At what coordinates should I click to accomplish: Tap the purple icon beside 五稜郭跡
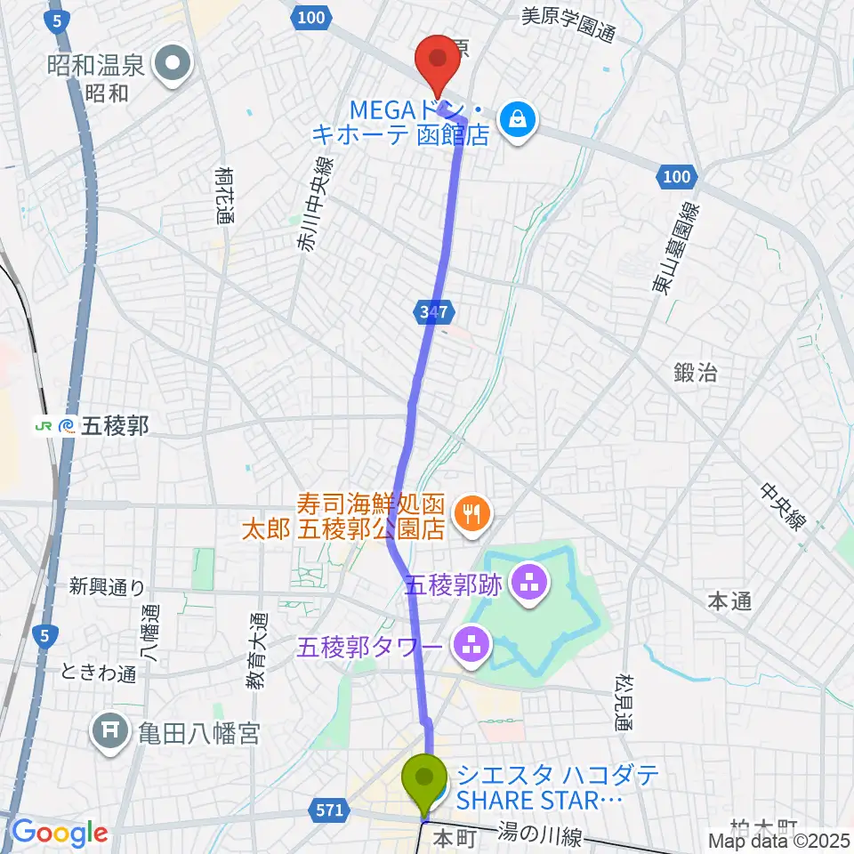point(531,584)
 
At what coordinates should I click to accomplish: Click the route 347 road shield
point(434,311)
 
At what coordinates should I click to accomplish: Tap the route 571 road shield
point(328,810)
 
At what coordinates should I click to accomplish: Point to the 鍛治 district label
point(696,374)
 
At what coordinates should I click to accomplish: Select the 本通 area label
point(729,601)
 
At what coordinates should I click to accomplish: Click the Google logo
point(60,833)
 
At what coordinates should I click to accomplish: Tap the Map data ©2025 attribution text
point(778,840)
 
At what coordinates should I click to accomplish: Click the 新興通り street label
point(107,586)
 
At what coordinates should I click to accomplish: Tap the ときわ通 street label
point(99,673)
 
